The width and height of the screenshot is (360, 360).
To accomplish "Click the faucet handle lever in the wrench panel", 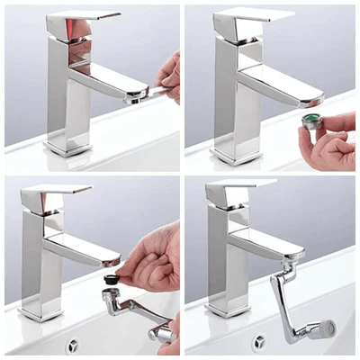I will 83,19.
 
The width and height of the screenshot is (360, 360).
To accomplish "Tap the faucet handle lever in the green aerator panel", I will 253,16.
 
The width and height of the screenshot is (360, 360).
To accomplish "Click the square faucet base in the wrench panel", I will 67,145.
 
